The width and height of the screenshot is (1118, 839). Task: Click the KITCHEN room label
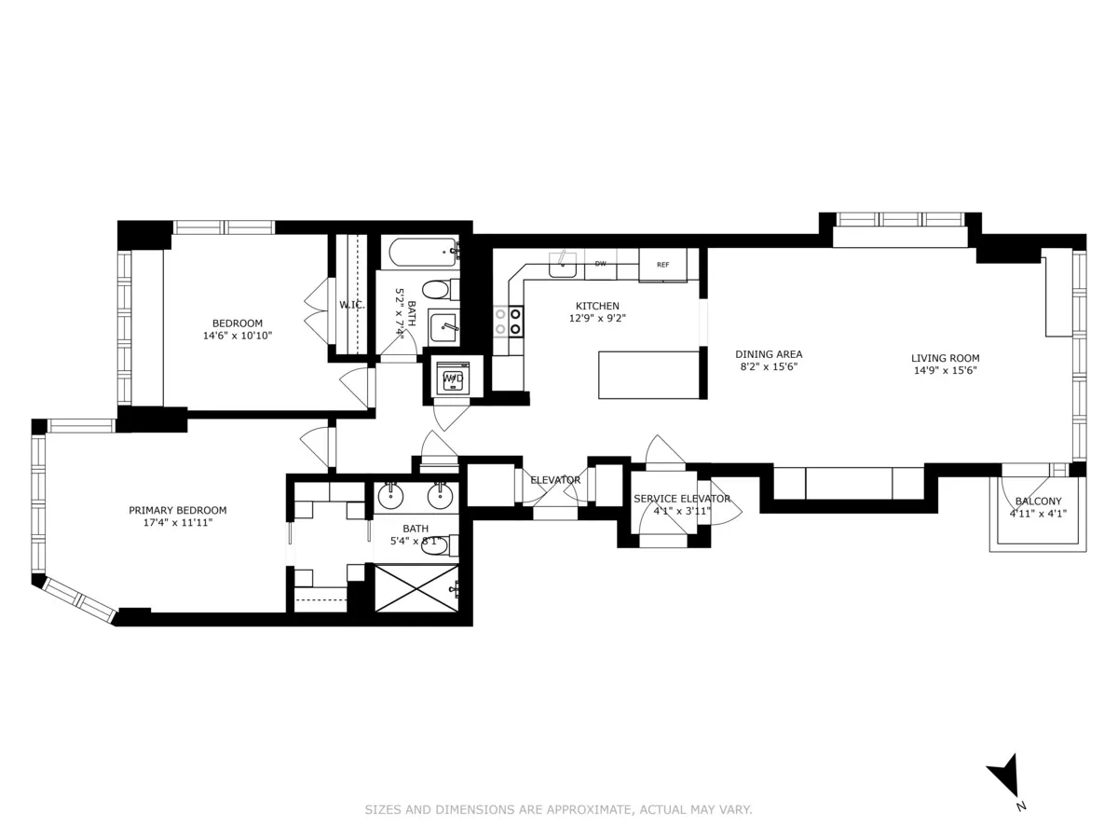(x=596, y=306)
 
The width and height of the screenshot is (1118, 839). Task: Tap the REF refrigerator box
(x=662, y=265)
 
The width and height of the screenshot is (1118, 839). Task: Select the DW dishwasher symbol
(x=601, y=264)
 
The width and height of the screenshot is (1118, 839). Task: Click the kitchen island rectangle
(x=648, y=374)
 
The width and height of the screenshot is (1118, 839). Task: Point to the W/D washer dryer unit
(x=453, y=378)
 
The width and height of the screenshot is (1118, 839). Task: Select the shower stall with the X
(x=416, y=588)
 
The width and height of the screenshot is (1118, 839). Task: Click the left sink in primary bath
(x=390, y=495)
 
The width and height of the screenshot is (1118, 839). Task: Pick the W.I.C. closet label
(x=351, y=304)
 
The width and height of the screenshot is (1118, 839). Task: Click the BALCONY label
(x=1038, y=502)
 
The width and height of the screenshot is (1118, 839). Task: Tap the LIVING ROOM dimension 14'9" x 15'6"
(x=945, y=370)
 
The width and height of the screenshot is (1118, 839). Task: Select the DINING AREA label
(x=769, y=354)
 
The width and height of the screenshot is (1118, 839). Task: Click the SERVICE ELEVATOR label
(x=682, y=499)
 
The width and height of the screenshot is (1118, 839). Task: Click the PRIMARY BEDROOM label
(x=177, y=510)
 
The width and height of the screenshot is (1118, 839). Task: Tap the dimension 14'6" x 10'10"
(x=238, y=336)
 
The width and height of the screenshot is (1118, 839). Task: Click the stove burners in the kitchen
(x=508, y=321)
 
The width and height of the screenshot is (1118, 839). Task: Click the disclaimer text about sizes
(x=558, y=810)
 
